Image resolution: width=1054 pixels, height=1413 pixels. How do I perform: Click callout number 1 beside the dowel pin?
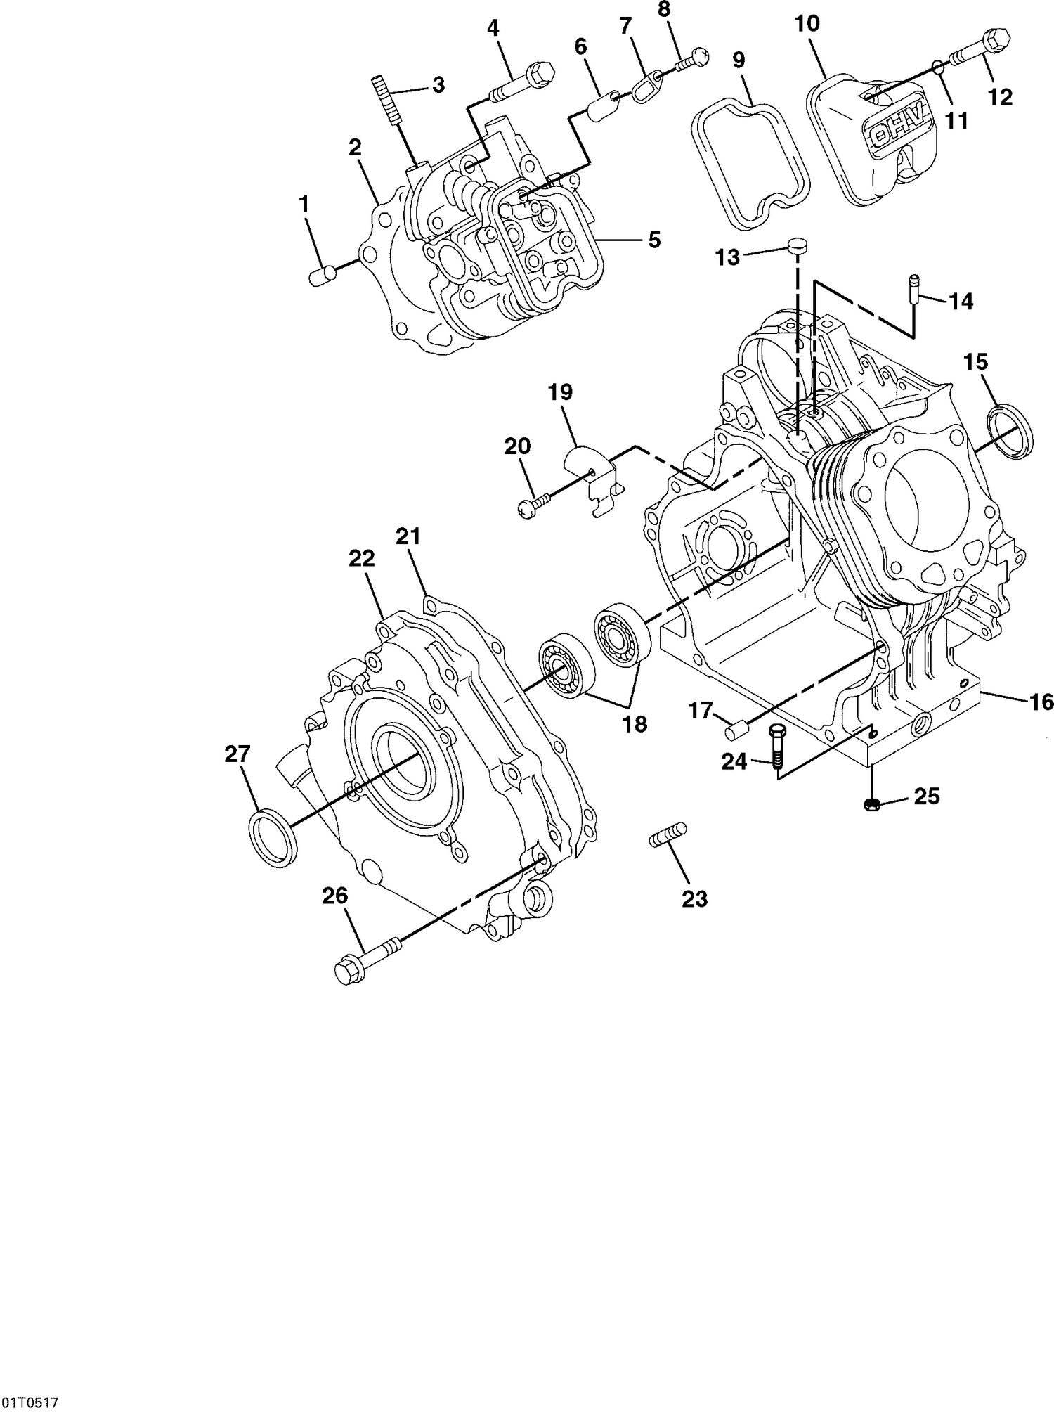[304, 205]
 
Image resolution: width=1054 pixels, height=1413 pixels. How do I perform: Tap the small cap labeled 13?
[796, 246]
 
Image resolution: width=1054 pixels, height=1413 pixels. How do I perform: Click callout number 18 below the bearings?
[635, 724]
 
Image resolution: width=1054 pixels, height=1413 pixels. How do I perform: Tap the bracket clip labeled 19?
[594, 478]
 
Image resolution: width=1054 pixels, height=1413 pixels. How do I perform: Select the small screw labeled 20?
[534, 505]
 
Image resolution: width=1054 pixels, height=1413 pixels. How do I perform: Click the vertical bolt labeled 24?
[778, 751]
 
